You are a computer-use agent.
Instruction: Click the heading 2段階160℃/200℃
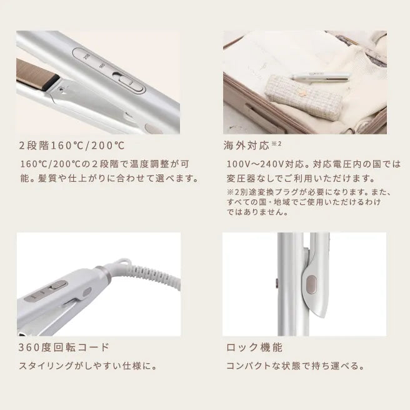point(72,146)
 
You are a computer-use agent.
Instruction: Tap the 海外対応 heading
point(246,146)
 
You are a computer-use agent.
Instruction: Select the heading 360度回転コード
point(64,347)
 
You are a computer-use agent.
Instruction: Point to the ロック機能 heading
point(254,347)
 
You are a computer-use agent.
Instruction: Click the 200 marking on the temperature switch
point(87,56)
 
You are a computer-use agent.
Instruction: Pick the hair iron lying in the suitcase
point(321,76)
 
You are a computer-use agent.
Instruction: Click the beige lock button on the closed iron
point(311,285)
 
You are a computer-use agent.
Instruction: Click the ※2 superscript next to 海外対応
point(276,144)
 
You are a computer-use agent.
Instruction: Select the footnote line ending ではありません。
point(257,211)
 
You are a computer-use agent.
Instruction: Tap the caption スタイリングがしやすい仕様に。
point(88,366)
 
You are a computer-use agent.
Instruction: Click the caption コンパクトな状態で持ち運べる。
point(295,366)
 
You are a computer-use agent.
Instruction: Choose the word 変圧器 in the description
point(241,179)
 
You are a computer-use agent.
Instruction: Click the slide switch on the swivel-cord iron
point(59,285)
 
